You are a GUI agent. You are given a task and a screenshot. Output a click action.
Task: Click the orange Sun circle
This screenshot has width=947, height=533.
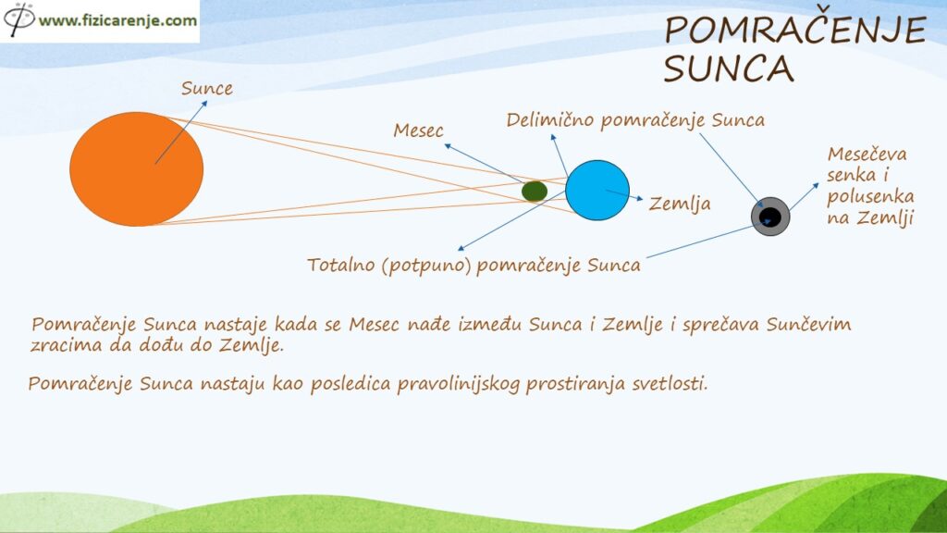pos(137,169)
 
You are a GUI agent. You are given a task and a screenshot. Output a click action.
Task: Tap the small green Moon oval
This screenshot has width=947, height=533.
pos(535,192)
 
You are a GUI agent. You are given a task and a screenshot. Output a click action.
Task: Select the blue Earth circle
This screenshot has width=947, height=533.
pos(597,191)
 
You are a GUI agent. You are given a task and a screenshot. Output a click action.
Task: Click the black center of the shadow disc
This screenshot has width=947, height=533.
pos(770,217)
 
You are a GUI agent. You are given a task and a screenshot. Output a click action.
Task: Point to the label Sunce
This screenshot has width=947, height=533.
pos(206,88)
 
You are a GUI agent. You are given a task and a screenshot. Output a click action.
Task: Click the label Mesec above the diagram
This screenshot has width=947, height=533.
pos(418,130)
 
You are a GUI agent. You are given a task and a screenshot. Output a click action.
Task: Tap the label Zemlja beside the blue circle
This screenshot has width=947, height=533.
pos(680,204)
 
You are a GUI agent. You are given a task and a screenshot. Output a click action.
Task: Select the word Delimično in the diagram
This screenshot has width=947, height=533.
pos(550,119)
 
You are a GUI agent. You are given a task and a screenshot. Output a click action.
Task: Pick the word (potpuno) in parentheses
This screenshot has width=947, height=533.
pos(425,266)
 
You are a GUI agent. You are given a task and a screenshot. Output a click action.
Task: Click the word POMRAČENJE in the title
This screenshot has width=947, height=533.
pos(795,30)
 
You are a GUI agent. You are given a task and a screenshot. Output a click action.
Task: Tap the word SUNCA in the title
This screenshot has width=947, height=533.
pos(729,68)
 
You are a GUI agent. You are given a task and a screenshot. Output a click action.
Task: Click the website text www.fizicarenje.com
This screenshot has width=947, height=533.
pos(117,20)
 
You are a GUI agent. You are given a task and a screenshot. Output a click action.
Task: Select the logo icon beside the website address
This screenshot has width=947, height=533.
pos(18,19)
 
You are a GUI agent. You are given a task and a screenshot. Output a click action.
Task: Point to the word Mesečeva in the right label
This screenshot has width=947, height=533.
pos(867,155)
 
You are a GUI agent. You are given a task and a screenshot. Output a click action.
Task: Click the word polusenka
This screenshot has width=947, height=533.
pos(870,197)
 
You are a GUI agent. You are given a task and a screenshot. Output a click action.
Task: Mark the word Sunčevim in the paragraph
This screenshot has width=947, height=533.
pos(808,324)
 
